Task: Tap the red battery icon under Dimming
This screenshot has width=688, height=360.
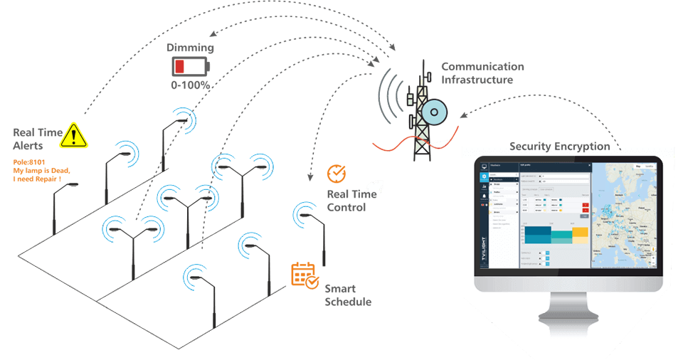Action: point(189,67)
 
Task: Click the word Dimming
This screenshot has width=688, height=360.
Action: point(190,48)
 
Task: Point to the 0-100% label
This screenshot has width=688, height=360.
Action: point(190,85)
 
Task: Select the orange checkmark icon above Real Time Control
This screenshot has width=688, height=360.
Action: point(336,173)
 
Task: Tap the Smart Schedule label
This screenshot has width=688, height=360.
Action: point(348,295)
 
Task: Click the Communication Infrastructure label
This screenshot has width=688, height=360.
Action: point(482,73)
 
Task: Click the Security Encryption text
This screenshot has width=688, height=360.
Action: point(559,147)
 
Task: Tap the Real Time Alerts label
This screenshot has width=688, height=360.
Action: point(37,139)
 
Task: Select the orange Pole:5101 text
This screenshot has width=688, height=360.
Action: point(28,163)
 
